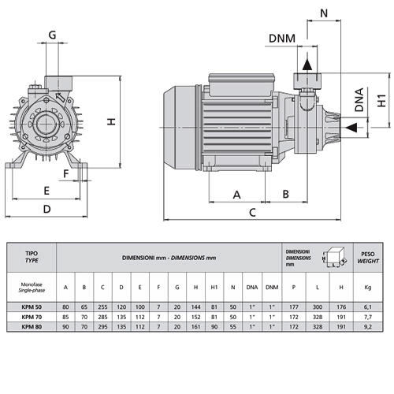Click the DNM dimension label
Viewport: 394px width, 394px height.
point(282,39)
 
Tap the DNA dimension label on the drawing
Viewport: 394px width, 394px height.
point(359,100)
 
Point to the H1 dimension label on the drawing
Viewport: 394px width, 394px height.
point(381,100)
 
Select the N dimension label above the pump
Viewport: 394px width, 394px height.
point(324,13)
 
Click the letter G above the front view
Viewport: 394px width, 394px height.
point(52,35)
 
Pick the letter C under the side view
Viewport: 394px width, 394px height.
point(252,212)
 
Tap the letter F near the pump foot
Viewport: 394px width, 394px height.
point(66,173)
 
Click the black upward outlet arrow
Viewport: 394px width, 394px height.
point(307,65)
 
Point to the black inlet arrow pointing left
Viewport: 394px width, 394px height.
point(351,128)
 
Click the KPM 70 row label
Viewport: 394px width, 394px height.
point(32,317)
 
